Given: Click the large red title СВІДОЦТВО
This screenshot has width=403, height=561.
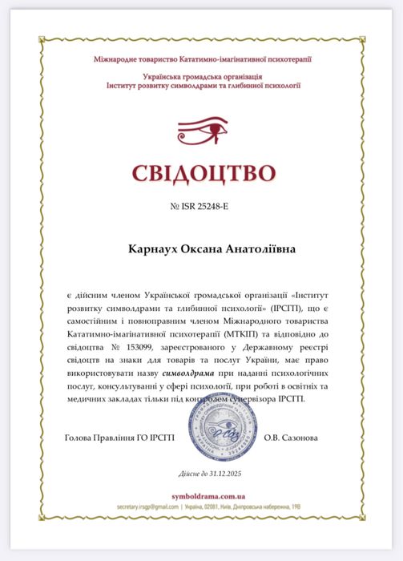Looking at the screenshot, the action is coord(201,173).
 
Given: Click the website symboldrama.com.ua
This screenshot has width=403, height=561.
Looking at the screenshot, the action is coord(200,498).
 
